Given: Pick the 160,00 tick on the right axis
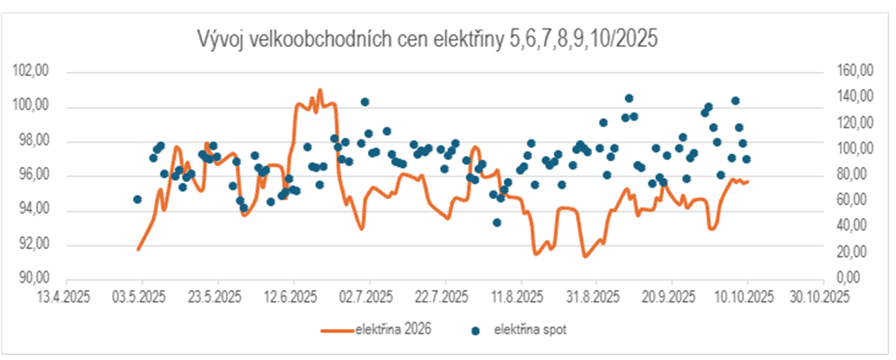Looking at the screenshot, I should [x=856, y=72].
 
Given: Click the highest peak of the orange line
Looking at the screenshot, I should [x=320, y=89].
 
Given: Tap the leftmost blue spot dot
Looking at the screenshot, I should [x=137, y=199].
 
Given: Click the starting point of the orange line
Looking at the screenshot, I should [x=138, y=249].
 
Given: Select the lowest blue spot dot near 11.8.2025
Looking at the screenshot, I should [x=497, y=222].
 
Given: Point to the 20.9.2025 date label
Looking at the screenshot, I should [x=672, y=298].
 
